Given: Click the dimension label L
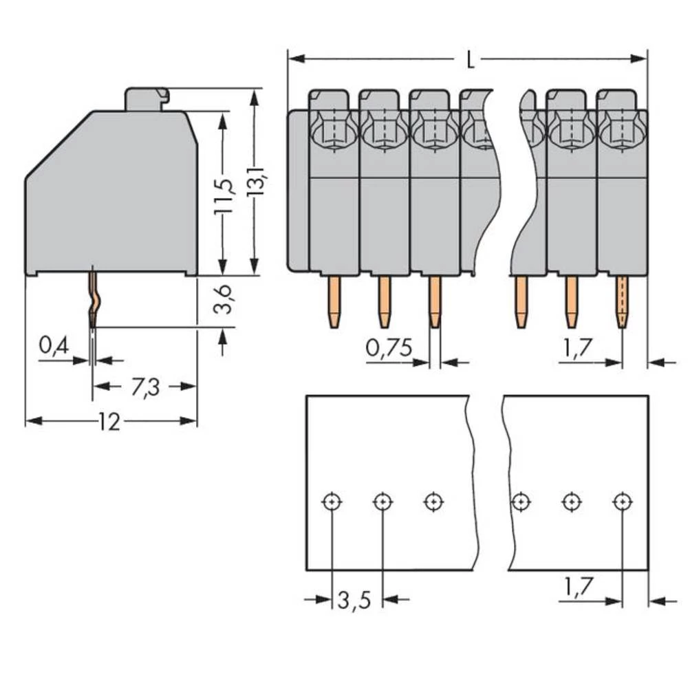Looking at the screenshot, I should click(470, 61).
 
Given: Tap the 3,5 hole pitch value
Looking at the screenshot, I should click(354, 601).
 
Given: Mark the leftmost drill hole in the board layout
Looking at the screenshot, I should click(332, 502).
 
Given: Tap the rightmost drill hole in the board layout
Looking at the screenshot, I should click(622, 502).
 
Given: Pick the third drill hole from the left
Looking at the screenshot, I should click(433, 502).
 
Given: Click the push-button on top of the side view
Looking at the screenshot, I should click(146, 98).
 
